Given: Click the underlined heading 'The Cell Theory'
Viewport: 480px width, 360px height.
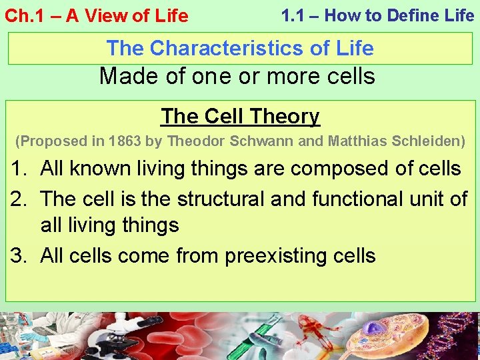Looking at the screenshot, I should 240,116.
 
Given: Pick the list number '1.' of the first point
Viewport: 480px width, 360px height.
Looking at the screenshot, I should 19,169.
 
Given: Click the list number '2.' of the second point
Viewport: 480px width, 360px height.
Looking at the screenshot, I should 19,198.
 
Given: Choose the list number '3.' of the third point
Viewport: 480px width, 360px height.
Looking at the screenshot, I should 19,255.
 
